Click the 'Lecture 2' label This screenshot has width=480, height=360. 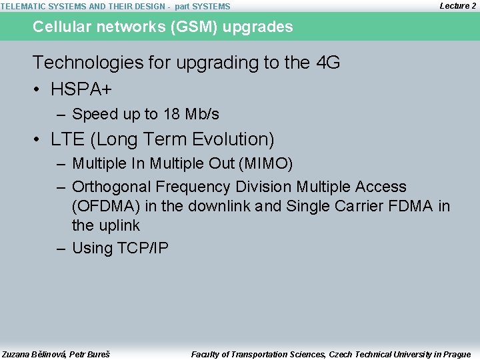458,5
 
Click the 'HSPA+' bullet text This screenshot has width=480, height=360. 81,88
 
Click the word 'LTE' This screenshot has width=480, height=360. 67,139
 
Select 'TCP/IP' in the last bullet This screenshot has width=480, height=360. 143,249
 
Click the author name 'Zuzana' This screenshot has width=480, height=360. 16,354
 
